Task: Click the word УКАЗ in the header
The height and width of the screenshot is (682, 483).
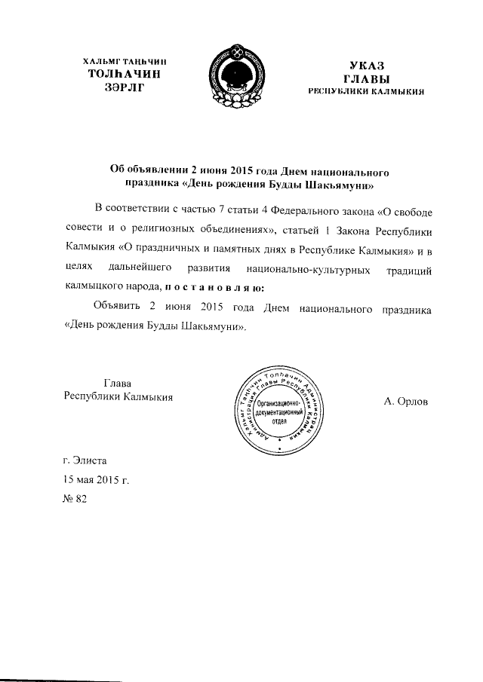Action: click(367, 66)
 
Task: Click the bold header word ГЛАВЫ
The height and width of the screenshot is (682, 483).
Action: click(366, 78)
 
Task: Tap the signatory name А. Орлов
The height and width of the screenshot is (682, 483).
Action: click(405, 402)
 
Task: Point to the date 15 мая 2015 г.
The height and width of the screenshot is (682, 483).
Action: click(97, 478)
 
